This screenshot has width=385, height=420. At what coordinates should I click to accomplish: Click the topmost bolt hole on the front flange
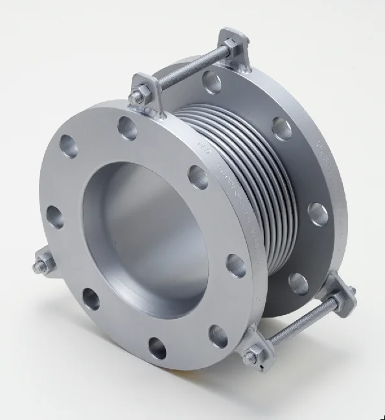point(127,128)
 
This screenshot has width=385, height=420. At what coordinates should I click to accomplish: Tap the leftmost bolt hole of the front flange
point(55,216)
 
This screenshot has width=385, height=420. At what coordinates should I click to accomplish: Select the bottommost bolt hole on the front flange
point(157,348)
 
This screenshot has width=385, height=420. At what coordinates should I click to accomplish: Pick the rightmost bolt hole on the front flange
point(236,266)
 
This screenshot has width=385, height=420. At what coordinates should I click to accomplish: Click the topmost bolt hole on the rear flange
point(212,82)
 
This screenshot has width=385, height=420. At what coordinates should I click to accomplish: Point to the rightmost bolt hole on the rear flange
point(318,214)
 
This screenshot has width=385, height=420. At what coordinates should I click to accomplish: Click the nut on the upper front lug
point(137,97)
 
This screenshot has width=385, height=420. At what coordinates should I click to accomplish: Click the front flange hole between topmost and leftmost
point(68,146)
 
